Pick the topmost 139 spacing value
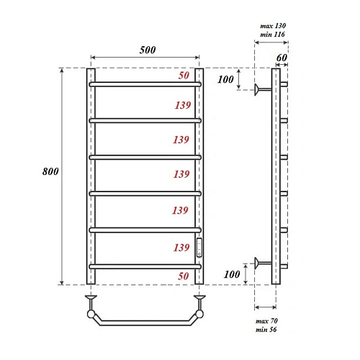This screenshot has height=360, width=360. pyautogui.click(x=183, y=105)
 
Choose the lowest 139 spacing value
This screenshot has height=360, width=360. pyautogui.click(x=183, y=248)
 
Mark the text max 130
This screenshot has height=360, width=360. pyautogui.click(x=273, y=26)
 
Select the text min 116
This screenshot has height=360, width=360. pyautogui.click(x=273, y=35)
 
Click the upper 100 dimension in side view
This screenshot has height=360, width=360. pyautogui.click(x=225, y=79)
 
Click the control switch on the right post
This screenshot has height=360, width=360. pyautogui.click(x=200, y=248)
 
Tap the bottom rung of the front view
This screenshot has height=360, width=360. pyautogui.click(x=145, y=266)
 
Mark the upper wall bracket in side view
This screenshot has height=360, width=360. pyautogui.click(x=262, y=89)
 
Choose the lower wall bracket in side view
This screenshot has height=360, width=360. pyautogui.click(x=262, y=261)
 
